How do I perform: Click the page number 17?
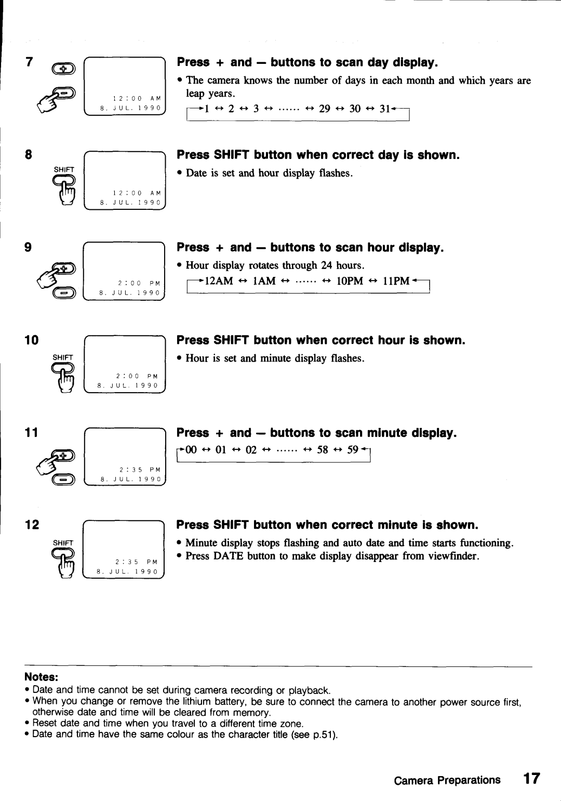coord(531,779)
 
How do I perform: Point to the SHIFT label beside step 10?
coord(63,356)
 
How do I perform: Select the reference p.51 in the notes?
coord(325,735)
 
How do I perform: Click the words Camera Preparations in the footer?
coord(447,780)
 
